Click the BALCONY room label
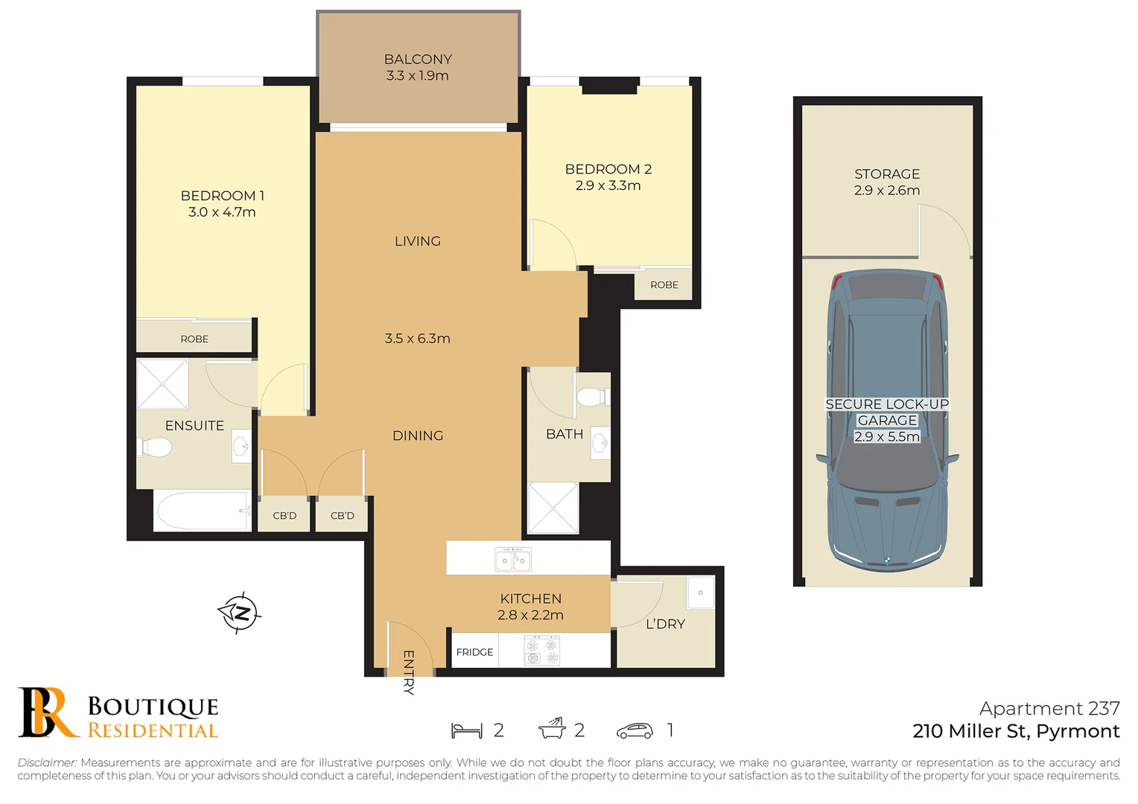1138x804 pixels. point(418,60)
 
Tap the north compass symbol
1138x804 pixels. point(240,613)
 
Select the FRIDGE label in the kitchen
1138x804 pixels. point(474,652)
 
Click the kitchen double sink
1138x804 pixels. point(513,559)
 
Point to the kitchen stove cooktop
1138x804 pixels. point(541,650)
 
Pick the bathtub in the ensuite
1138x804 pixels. point(202,511)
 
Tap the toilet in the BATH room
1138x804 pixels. point(592,397)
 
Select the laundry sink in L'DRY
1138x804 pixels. point(700,593)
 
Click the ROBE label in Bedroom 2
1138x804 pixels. point(664,285)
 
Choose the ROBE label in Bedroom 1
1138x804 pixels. point(194,339)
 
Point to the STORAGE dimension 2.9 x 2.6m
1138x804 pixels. point(886,191)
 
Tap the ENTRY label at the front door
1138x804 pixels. point(408,672)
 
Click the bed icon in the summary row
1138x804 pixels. point(467,731)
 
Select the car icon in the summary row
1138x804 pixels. point(635,731)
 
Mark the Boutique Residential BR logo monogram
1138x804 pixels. point(46,712)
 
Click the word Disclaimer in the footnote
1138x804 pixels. point(47,762)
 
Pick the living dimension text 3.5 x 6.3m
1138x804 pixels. point(417,339)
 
